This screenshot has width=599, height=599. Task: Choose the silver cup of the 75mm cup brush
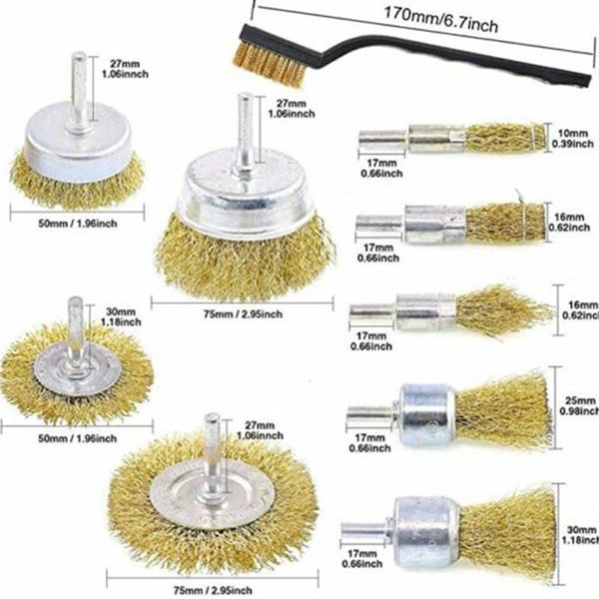pyautogui.click(x=243, y=200)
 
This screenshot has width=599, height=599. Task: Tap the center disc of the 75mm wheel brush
pyautogui.click(x=212, y=489)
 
